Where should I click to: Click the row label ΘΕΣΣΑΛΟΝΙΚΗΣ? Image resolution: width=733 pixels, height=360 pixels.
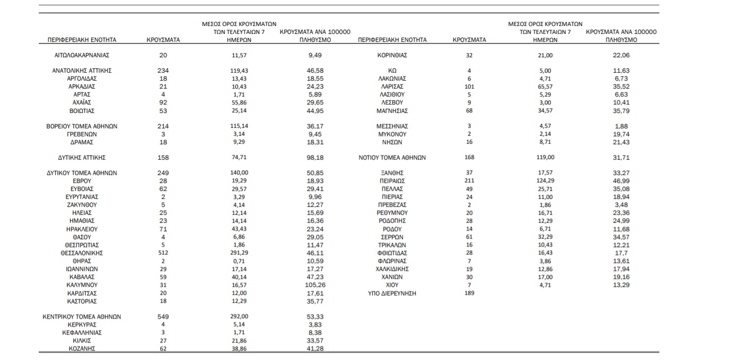[x=82, y=253]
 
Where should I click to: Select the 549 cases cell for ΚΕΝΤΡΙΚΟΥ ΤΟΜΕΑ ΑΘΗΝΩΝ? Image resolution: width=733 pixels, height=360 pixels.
[x=163, y=317]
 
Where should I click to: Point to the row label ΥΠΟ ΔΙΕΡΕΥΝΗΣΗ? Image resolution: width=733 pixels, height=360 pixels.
[x=392, y=293]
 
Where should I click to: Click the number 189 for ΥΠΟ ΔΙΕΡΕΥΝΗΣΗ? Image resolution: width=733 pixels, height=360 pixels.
[x=469, y=293]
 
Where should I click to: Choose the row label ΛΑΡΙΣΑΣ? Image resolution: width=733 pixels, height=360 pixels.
[x=392, y=86]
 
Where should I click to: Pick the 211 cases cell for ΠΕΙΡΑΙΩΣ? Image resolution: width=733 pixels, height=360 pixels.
[x=469, y=181]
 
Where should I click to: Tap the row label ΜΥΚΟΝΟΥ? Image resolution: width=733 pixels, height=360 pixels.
[x=392, y=134]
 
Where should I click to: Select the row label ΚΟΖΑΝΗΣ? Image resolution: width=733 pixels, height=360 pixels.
[x=82, y=348]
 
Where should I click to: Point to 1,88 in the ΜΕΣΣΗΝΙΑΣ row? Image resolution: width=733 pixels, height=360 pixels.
[x=621, y=126]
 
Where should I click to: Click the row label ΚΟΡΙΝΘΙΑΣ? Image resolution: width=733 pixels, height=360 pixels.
[x=392, y=55]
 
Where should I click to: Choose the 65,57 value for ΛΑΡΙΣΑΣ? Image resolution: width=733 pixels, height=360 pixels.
[x=545, y=86]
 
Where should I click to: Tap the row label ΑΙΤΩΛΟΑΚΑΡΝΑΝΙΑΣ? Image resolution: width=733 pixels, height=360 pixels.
[x=82, y=55]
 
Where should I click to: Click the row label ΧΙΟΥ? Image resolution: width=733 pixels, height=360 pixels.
[x=392, y=285]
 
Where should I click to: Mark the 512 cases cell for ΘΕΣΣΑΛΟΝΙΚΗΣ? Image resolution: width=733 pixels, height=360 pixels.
[x=163, y=253]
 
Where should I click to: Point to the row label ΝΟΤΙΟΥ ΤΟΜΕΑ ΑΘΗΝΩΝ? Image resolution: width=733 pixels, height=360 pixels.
[x=392, y=157]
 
